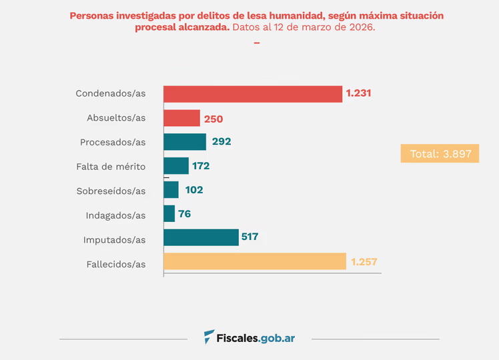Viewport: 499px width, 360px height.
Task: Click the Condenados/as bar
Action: click(253, 94)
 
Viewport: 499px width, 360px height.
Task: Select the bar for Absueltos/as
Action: click(181, 118)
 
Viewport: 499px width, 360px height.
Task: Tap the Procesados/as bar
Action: click(185, 142)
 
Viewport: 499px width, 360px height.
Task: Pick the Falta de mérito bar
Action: click(176, 166)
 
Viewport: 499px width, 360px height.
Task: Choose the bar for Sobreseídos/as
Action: click(171, 190)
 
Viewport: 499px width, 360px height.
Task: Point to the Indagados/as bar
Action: click(169, 214)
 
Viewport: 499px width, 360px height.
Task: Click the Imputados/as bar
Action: click(201, 237)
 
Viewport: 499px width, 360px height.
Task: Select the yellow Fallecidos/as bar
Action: click(255, 261)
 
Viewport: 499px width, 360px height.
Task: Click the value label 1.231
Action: click(358, 94)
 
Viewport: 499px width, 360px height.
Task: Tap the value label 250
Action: click(213, 119)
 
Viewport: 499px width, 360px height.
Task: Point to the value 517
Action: click(250, 237)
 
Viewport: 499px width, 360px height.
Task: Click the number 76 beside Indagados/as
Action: click(185, 214)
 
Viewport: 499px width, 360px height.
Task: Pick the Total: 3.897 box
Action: click(440, 153)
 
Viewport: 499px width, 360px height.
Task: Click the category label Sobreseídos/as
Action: click(111, 191)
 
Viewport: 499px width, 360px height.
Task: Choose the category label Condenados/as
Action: click(110, 94)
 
